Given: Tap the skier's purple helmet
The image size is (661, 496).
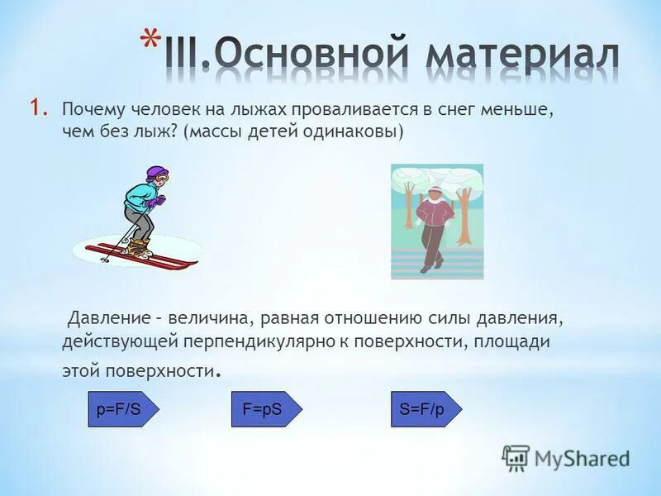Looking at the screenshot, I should (x=156, y=174).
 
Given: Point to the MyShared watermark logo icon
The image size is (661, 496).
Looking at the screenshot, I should (x=516, y=457).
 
